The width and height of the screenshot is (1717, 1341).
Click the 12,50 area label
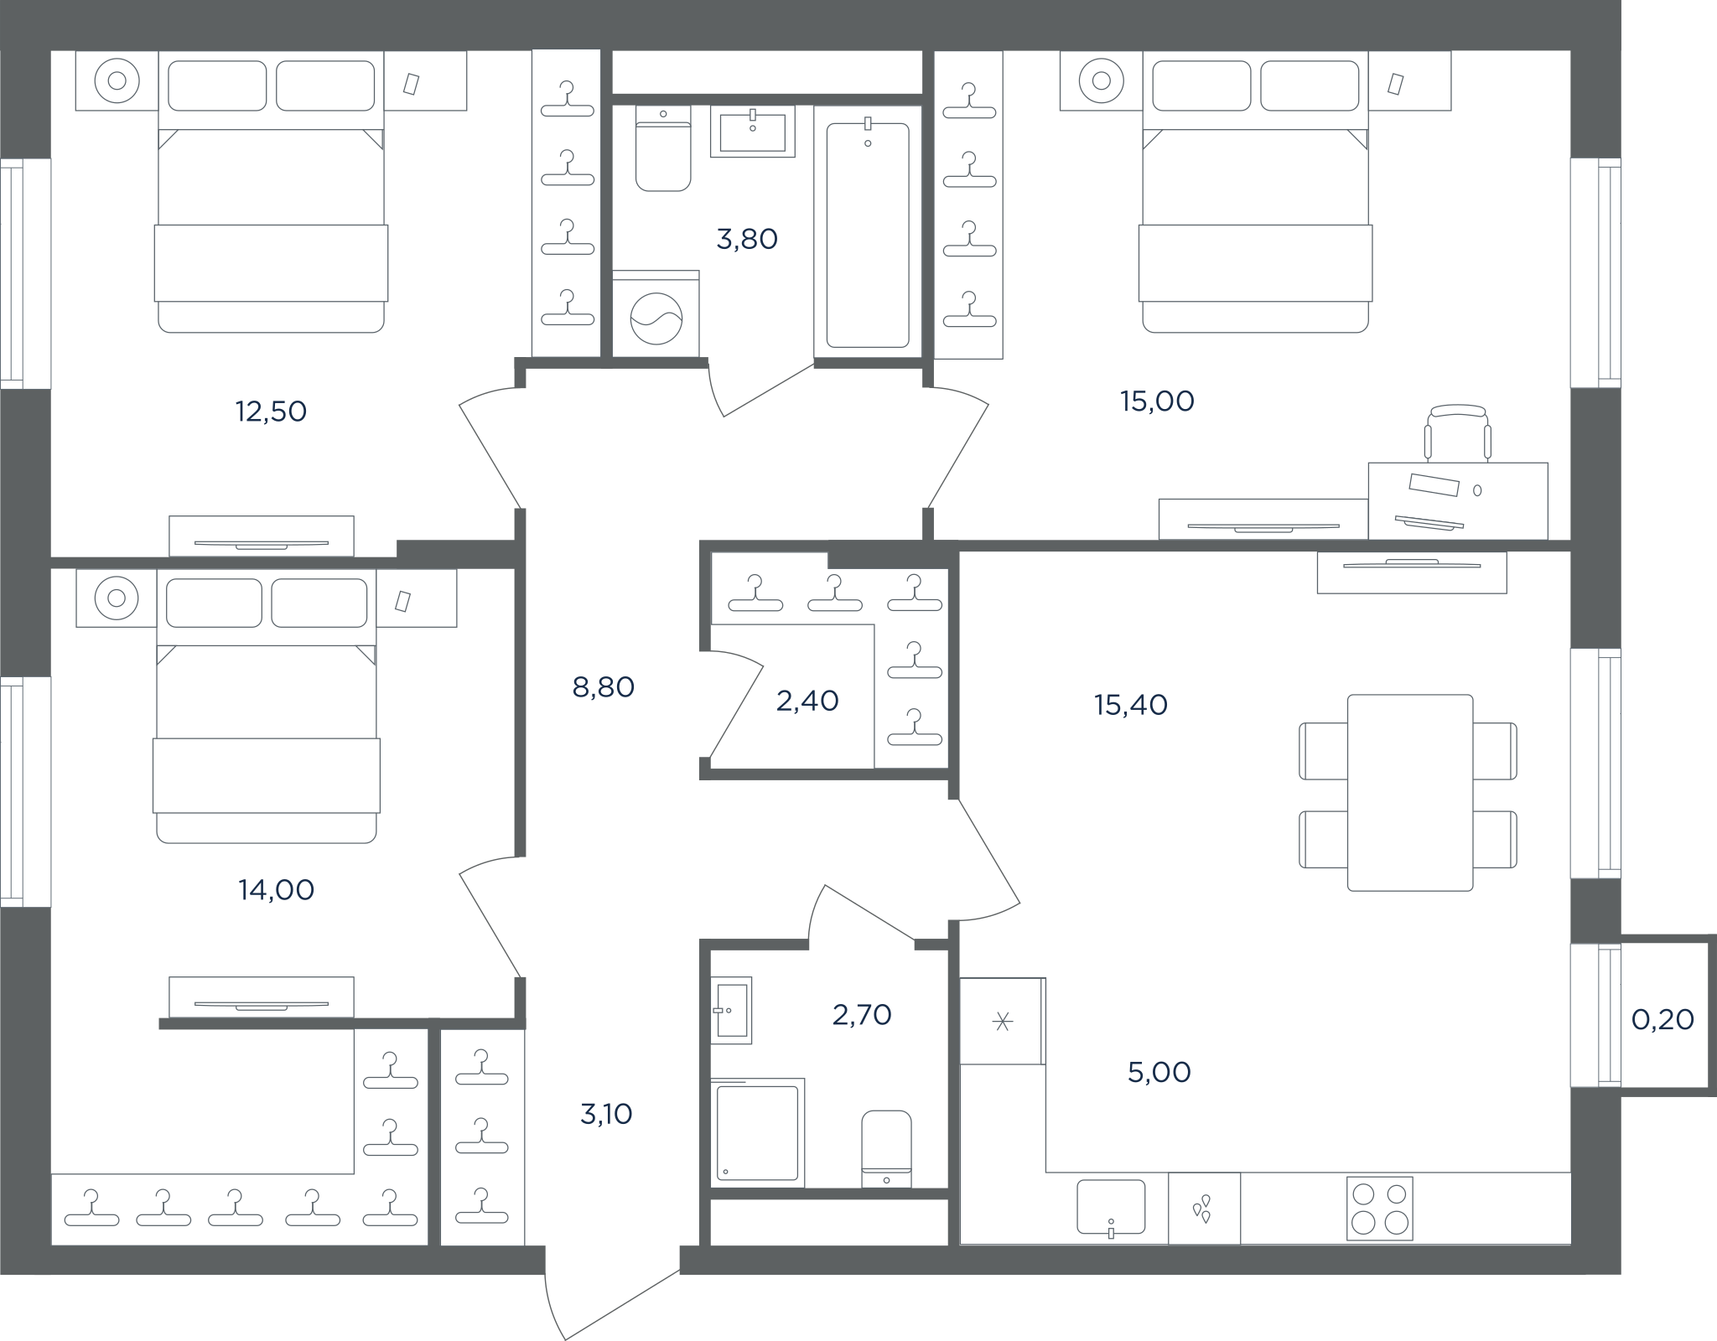click(x=271, y=412)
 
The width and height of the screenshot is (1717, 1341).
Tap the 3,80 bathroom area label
click(x=747, y=240)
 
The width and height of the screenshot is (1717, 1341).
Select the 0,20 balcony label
click(x=1663, y=1019)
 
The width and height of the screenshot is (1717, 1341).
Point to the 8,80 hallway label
click(x=603, y=687)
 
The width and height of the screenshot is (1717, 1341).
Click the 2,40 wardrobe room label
click(x=807, y=701)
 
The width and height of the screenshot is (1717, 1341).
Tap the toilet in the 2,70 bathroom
click(x=886, y=1148)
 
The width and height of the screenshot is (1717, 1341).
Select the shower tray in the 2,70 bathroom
click(x=758, y=1132)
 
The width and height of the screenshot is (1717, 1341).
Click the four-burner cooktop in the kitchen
click(x=1380, y=1209)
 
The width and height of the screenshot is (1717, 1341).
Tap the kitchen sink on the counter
click(x=1111, y=1208)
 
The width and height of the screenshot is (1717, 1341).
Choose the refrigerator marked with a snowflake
click(x=1003, y=1021)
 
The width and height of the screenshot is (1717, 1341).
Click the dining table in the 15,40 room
click(x=1410, y=792)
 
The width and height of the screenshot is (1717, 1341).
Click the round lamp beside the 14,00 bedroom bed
click(x=117, y=598)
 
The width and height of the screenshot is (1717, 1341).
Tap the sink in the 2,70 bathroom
click(x=731, y=1010)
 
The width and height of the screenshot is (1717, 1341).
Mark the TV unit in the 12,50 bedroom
click(x=262, y=536)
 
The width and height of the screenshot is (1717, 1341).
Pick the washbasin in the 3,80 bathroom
click(x=752, y=131)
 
